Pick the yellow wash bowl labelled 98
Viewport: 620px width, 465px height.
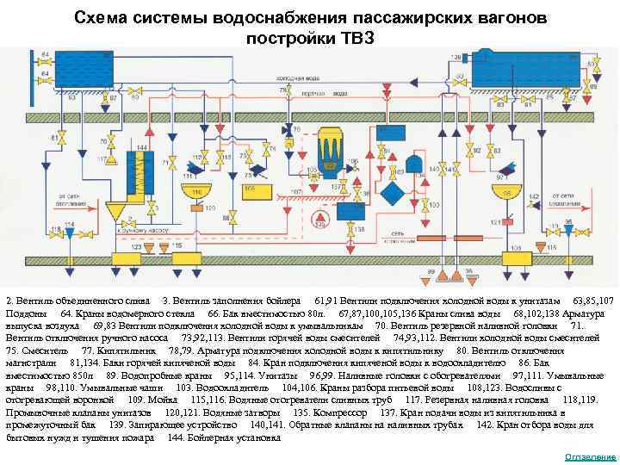click(511, 190)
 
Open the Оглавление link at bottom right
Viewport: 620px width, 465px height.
click(590, 456)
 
